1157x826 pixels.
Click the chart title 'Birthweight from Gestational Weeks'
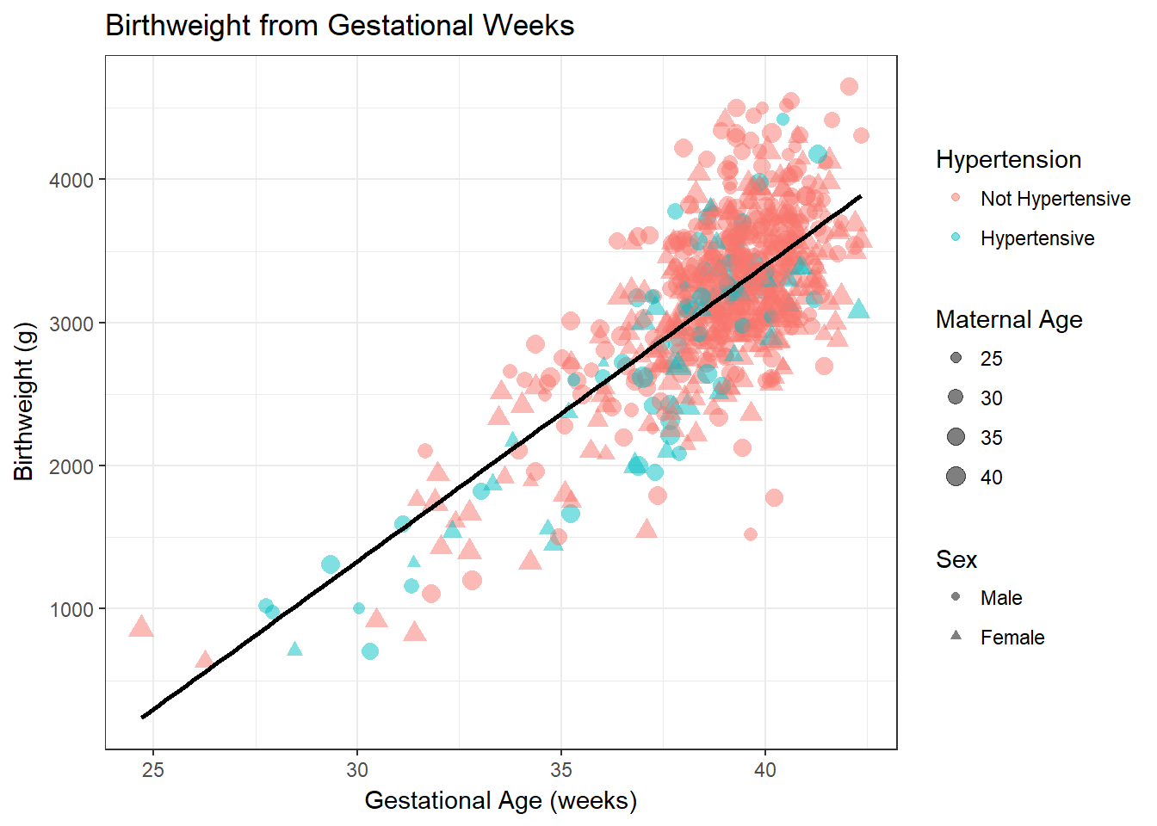[339, 26]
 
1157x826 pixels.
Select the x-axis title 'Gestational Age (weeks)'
[500, 800]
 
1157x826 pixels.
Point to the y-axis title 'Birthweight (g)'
[23, 401]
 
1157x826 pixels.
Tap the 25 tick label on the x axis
[152, 770]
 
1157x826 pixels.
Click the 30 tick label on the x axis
[357, 770]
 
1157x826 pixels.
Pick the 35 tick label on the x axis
[561, 770]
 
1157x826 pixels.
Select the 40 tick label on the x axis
[765, 770]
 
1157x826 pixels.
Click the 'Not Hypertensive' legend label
[1055, 199]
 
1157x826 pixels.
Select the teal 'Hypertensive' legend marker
[956, 237]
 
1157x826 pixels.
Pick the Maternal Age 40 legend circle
[956, 477]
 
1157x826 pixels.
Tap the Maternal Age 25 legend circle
[956, 358]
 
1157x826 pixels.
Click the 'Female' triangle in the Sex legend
[956, 636]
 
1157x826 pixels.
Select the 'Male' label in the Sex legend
[1001, 598]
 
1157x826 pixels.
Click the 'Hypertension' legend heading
[1008, 160]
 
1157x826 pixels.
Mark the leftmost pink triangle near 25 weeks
[141, 627]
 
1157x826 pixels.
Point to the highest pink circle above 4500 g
[849, 86]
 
